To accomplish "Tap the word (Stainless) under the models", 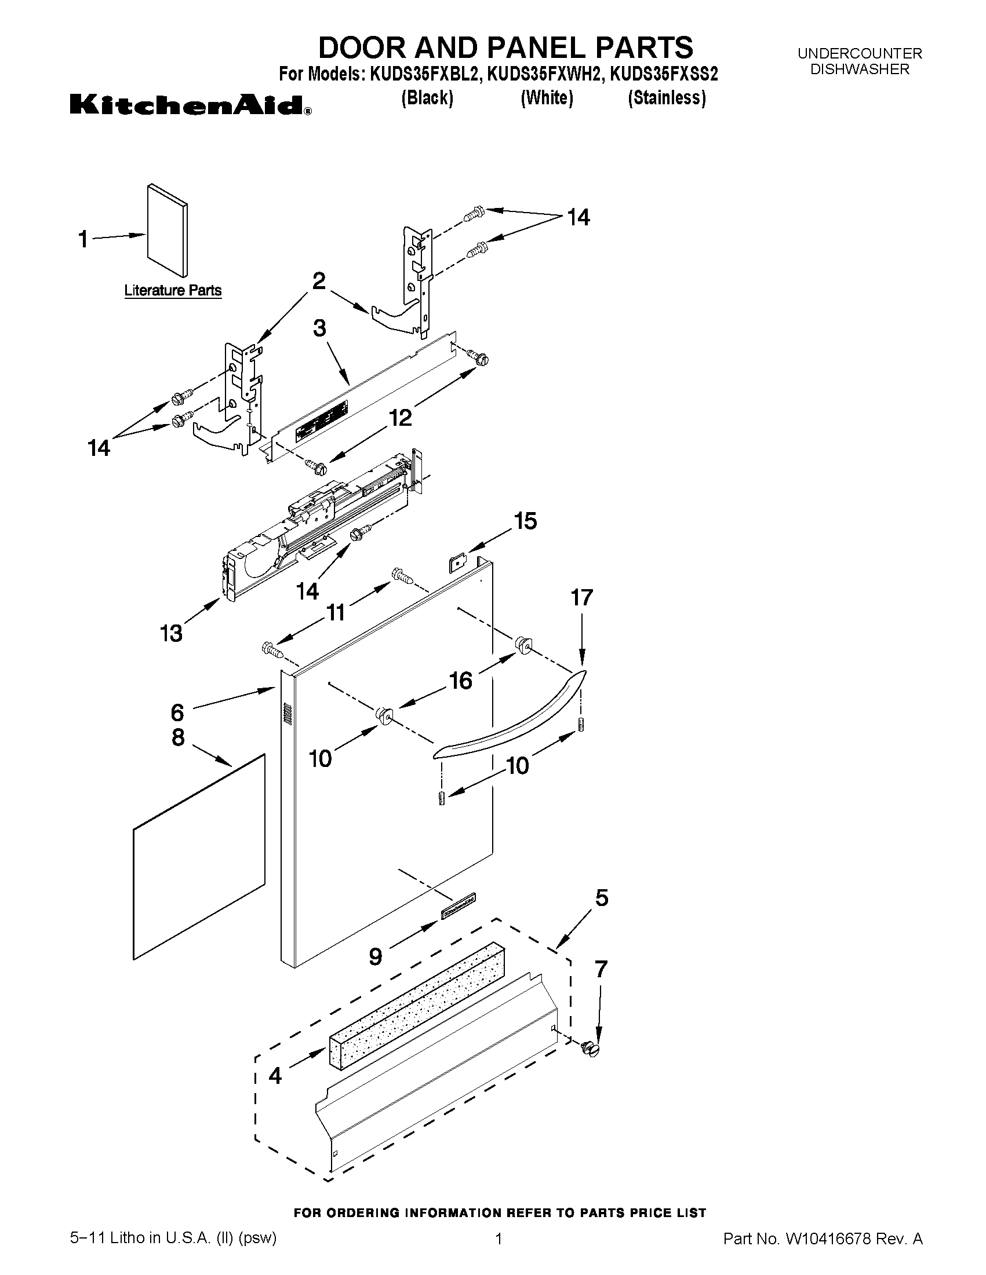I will click(x=667, y=97).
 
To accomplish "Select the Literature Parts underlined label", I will click(x=173, y=290).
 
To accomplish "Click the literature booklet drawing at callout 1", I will click(x=168, y=231).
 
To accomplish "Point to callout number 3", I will click(x=319, y=328).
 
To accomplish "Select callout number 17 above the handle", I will click(x=581, y=597).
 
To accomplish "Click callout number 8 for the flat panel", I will click(x=178, y=737).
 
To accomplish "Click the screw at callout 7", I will click(x=592, y=1050).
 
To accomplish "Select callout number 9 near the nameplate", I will click(x=376, y=956).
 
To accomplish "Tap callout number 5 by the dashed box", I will click(x=602, y=897).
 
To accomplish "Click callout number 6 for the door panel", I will click(x=177, y=713).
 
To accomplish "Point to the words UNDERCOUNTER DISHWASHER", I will click(x=859, y=61).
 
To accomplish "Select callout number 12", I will click(x=401, y=418).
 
